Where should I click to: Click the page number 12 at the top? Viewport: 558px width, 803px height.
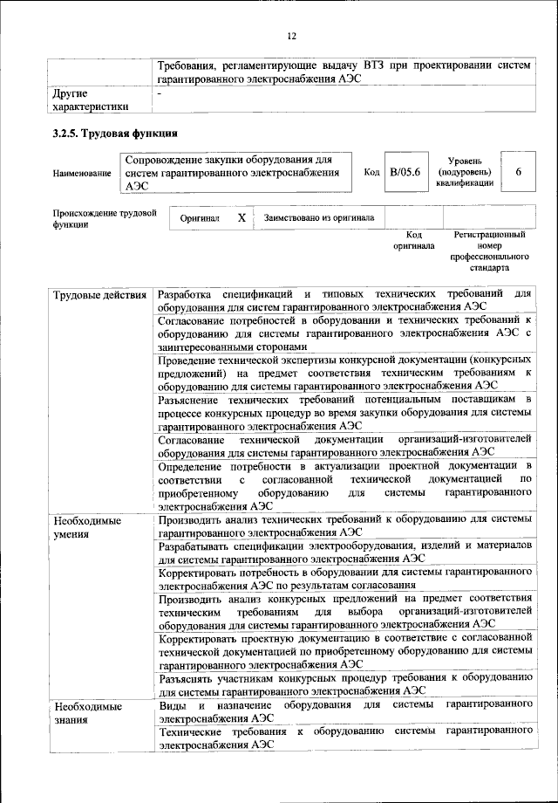292,36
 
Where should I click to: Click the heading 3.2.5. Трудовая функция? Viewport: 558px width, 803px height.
116,134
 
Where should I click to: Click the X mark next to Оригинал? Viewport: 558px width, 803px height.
242,217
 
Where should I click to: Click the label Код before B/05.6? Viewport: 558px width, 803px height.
371,173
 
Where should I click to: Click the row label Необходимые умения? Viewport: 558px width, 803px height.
87,527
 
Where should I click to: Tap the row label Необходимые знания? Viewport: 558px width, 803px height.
87,710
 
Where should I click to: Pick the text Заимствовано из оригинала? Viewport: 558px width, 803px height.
314,217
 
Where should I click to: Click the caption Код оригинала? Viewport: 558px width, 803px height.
414,240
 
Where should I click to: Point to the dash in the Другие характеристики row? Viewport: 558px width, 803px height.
160,92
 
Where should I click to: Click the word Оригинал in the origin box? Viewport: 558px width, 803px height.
200,217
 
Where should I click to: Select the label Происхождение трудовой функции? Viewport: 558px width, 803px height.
104,217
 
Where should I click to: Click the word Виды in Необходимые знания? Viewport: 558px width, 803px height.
171,703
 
